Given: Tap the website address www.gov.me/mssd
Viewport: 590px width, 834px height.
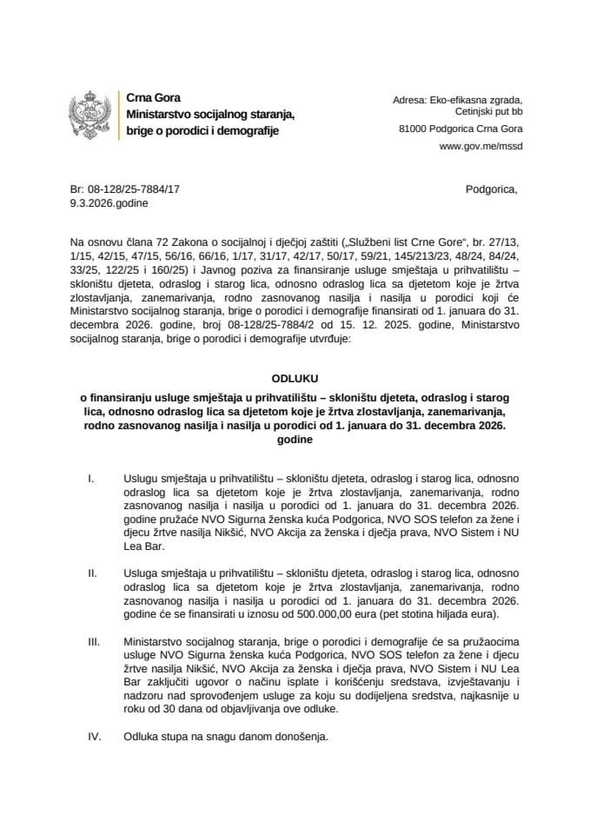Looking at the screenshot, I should click(x=481, y=146).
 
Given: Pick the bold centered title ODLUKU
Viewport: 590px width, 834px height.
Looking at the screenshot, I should click(x=295, y=379).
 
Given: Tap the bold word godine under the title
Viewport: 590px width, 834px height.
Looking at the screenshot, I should click(x=295, y=440).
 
